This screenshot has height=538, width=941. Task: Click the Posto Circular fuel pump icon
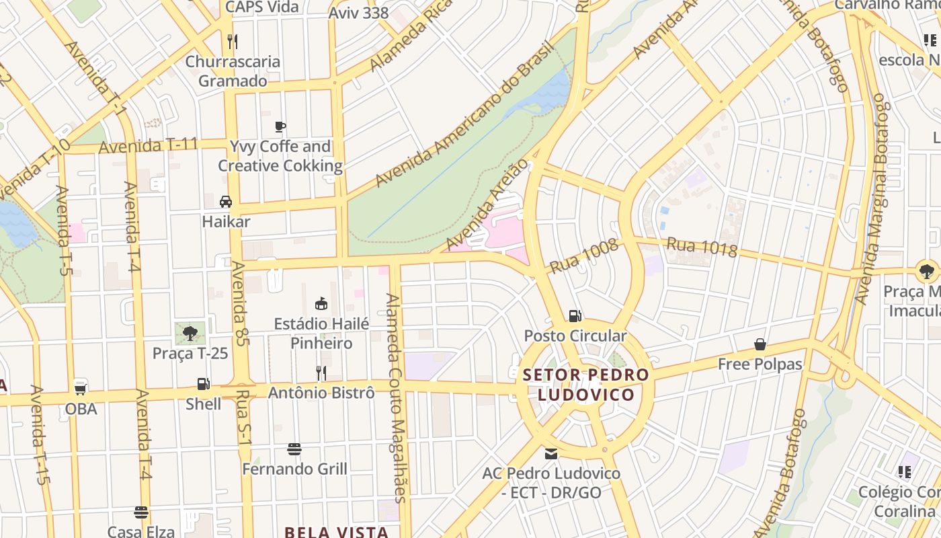575,315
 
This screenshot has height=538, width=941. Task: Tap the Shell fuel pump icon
203,384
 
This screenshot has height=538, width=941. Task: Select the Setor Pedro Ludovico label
586,384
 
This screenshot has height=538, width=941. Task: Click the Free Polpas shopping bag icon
760,345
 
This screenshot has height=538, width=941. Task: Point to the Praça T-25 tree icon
190,332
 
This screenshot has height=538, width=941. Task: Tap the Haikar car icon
226,201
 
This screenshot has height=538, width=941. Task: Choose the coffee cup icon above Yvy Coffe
280,126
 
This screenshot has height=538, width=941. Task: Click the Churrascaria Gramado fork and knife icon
232,42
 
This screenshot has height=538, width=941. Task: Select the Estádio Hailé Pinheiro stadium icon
321,304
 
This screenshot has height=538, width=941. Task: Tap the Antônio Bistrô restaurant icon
321,373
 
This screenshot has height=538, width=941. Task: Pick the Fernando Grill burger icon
294,449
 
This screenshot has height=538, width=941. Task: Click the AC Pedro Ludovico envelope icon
551,454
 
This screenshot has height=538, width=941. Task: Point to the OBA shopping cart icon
81,389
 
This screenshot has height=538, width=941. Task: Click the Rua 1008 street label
583,256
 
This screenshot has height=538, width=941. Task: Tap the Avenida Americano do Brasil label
464,114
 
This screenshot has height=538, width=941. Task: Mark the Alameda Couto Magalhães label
395,397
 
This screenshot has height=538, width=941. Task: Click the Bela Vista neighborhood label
336,532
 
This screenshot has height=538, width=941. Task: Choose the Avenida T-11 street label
148,145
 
